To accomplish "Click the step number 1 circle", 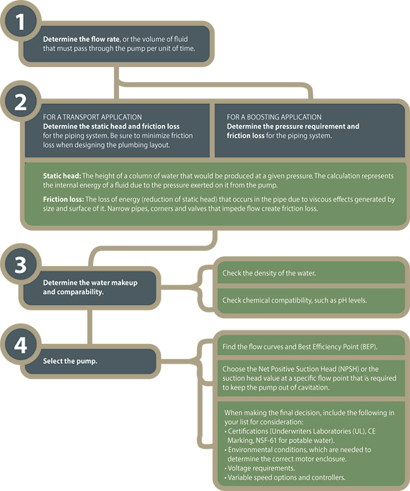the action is pos(20,21).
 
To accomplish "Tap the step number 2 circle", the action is pos(20,101).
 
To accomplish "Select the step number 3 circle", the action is pos(20,264).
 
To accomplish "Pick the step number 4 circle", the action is pos(20,345).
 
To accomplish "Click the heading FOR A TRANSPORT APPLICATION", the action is pos(92,117).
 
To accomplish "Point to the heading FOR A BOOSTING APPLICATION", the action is pos(274,117).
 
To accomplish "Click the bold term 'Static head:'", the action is pos(62,176).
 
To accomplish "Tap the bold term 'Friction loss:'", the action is pos(64,199).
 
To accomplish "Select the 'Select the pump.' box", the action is pos(90,361).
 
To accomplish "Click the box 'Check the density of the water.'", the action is pos(311,273).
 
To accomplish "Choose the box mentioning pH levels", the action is pos(311,301).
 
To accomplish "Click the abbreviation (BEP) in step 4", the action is pos(369,347).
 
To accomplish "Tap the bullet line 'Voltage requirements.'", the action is pos(260,468).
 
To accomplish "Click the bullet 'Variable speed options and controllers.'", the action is pos(285,477).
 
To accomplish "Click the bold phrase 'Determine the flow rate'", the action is pos(81,39).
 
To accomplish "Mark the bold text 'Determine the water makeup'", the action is pos(90,282).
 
